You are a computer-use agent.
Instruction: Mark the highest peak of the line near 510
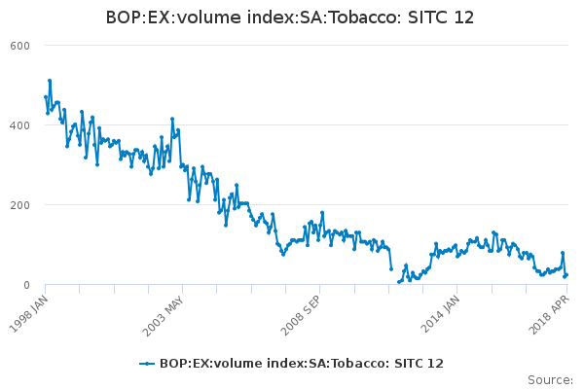click(x=50, y=81)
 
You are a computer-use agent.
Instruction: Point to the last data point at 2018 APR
click(x=566, y=274)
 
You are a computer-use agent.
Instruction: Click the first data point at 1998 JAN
click(x=46, y=97)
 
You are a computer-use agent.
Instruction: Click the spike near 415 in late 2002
click(x=172, y=119)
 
